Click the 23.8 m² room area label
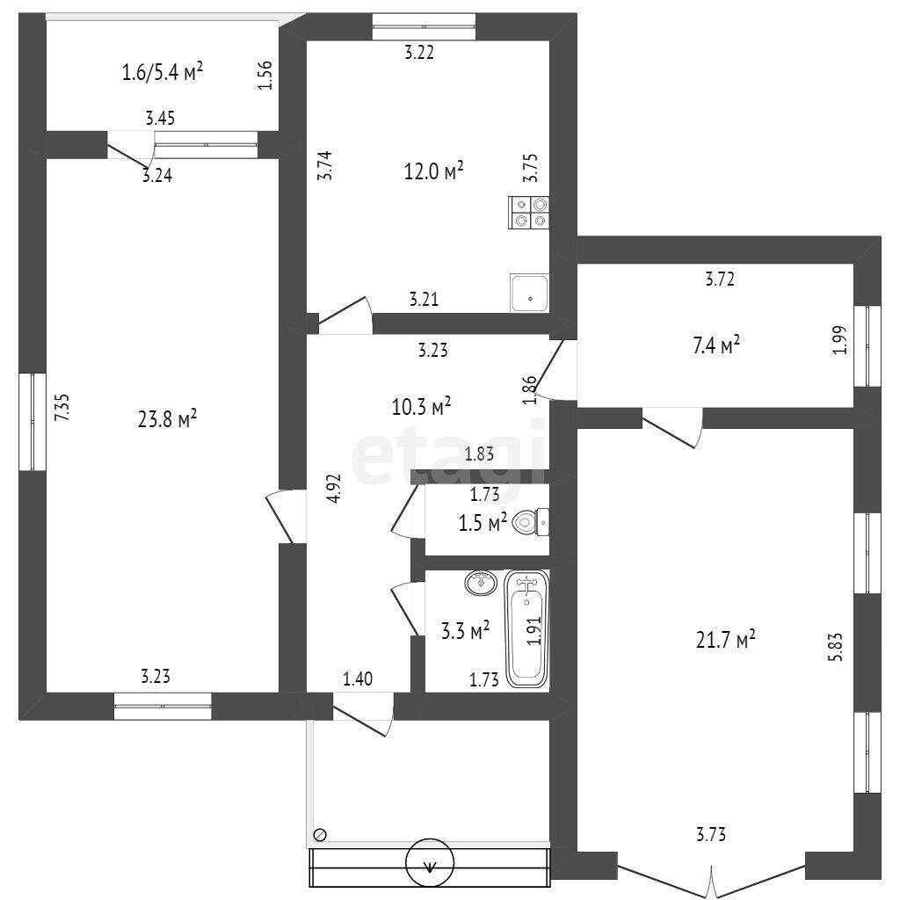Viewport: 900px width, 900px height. click(168, 418)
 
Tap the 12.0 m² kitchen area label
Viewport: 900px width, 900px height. click(434, 171)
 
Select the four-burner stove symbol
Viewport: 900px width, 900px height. click(528, 213)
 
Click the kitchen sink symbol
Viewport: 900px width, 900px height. click(529, 294)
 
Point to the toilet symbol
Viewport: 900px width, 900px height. click(531, 522)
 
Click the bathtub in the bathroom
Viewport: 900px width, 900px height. click(527, 628)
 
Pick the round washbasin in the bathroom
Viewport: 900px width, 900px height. click(481, 584)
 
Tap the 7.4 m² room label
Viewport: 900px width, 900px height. click(716, 345)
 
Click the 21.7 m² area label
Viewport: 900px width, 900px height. click(725, 638)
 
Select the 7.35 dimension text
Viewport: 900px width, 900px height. click(62, 408)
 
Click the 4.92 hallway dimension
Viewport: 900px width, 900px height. click(333, 489)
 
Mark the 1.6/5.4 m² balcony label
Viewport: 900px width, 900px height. click(163, 72)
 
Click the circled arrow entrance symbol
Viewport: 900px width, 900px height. click(430, 862)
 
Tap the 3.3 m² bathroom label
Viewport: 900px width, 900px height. click(466, 630)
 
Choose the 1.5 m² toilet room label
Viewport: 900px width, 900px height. click(483, 522)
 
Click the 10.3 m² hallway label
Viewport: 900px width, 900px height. click(421, 406)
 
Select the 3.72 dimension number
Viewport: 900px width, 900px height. click(720, 279)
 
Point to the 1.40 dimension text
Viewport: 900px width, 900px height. click(358, 679)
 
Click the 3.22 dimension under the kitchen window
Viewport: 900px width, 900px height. click(419, 52)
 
